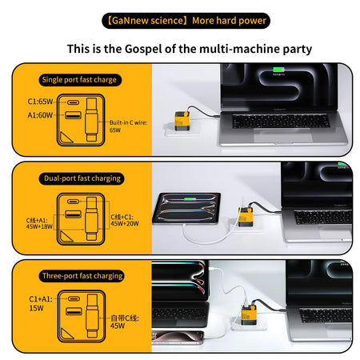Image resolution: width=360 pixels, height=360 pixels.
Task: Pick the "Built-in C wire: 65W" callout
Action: click(121, 125)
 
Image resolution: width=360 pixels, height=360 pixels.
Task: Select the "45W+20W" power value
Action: click(124, 223)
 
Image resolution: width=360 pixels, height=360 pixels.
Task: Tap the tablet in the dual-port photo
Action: click(193, 211)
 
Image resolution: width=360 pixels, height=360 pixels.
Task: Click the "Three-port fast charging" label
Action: click(82, 276)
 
